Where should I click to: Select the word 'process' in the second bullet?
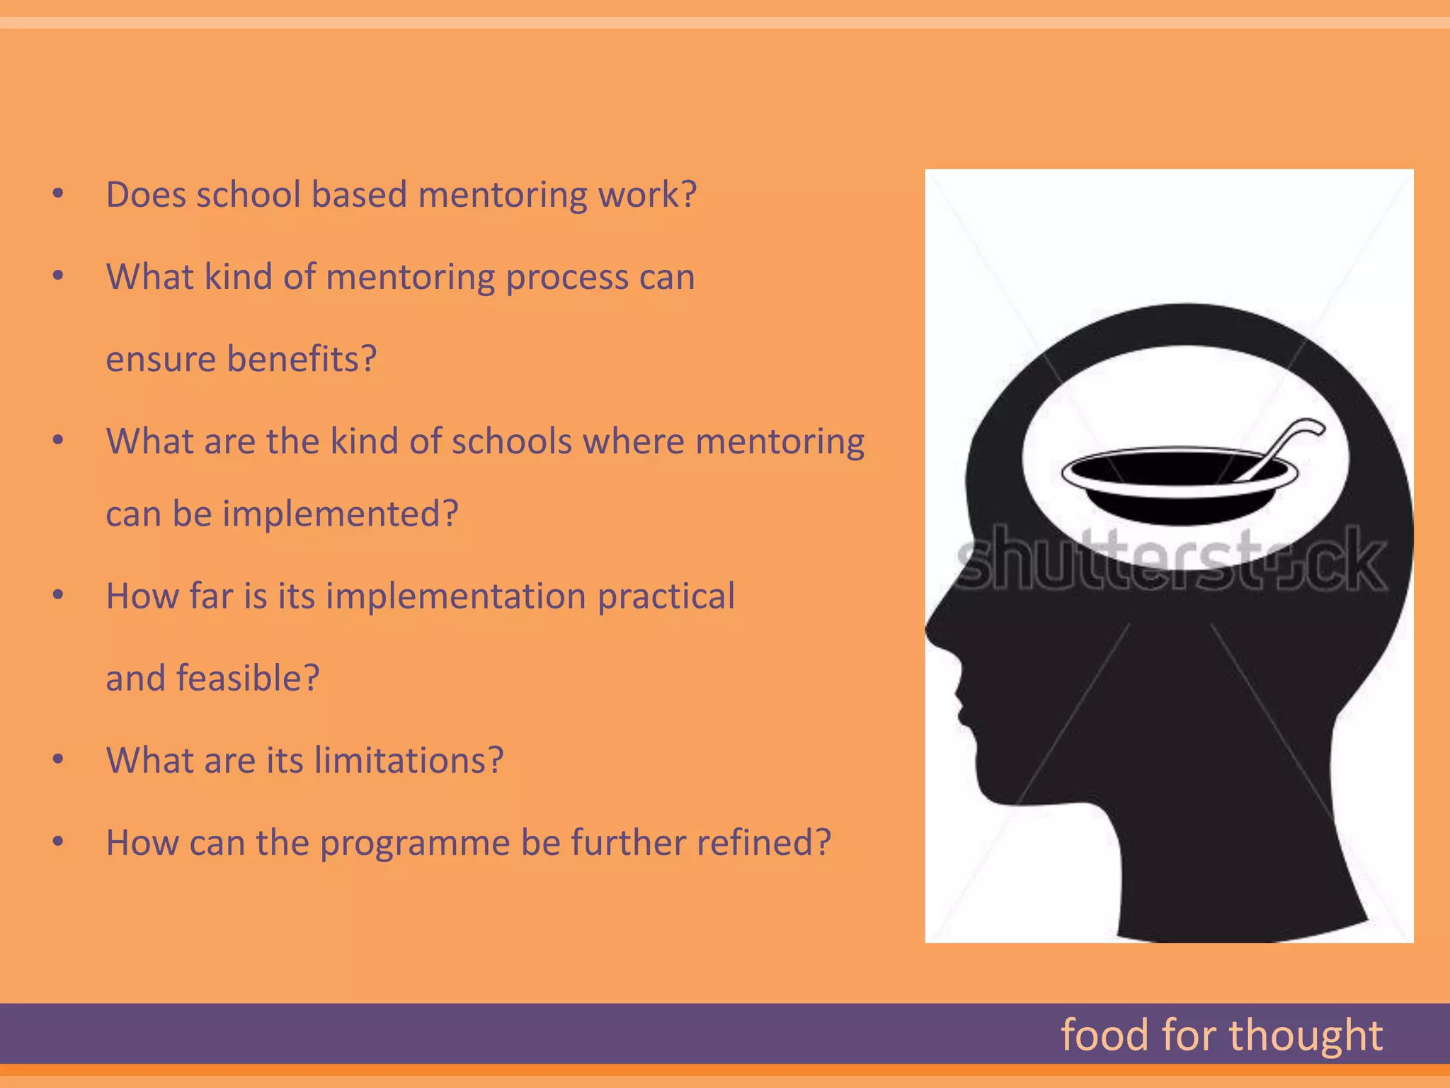coord(566,277)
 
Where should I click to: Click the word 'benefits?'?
coord(302,359)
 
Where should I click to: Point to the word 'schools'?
coord(511,441)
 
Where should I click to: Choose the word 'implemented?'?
coord(341,514)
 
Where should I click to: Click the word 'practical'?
coord(666,596)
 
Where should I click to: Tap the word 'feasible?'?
coord(248,678)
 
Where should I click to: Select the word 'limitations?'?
coord(409,760)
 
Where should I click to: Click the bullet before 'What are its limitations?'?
coord(59,760)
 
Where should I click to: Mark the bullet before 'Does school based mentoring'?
coord(59,194)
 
